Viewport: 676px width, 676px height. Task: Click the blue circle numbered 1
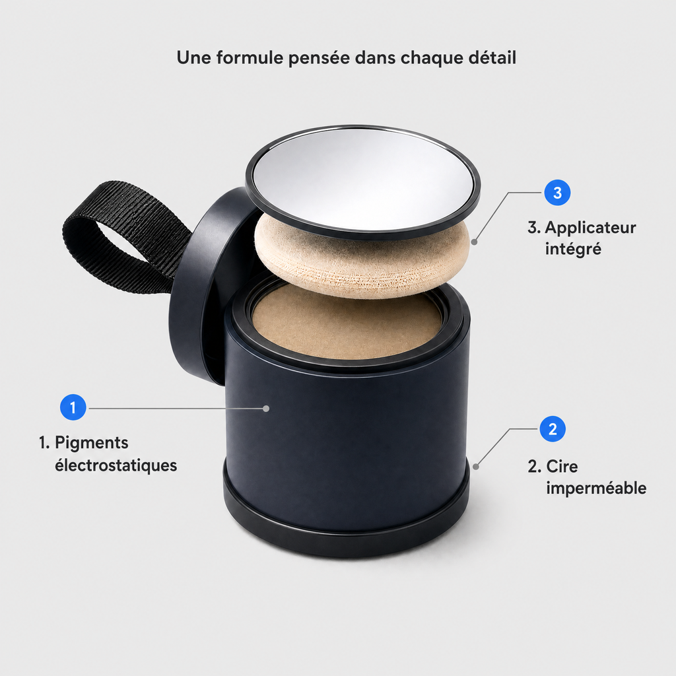click(x=73, y=407)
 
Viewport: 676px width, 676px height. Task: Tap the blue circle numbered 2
click(x=553, y=429)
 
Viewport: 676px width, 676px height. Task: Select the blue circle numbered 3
click(x=557, y=192)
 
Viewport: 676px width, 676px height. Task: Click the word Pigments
click(x=91, y=443)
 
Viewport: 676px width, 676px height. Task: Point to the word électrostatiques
click(x=116, y=465)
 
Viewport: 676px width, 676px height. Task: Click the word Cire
click(x=562, y=466)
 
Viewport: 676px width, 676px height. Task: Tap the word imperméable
click(x=596, y=489)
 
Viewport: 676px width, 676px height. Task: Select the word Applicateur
click(x=590, y=228)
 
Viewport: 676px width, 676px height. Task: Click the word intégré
click(x=573, y=249)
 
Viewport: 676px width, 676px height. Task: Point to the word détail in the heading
click(x=492, y=57)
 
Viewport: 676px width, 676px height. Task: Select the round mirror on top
click(x=362, y=181)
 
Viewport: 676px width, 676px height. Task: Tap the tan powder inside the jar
click(x=347, y=323)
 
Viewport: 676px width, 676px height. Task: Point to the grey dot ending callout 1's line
click(x=267, y=408)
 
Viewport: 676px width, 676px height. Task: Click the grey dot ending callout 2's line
click(x=475, y=467)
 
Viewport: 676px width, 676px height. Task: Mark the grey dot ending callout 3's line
click(x=474, y=242)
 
